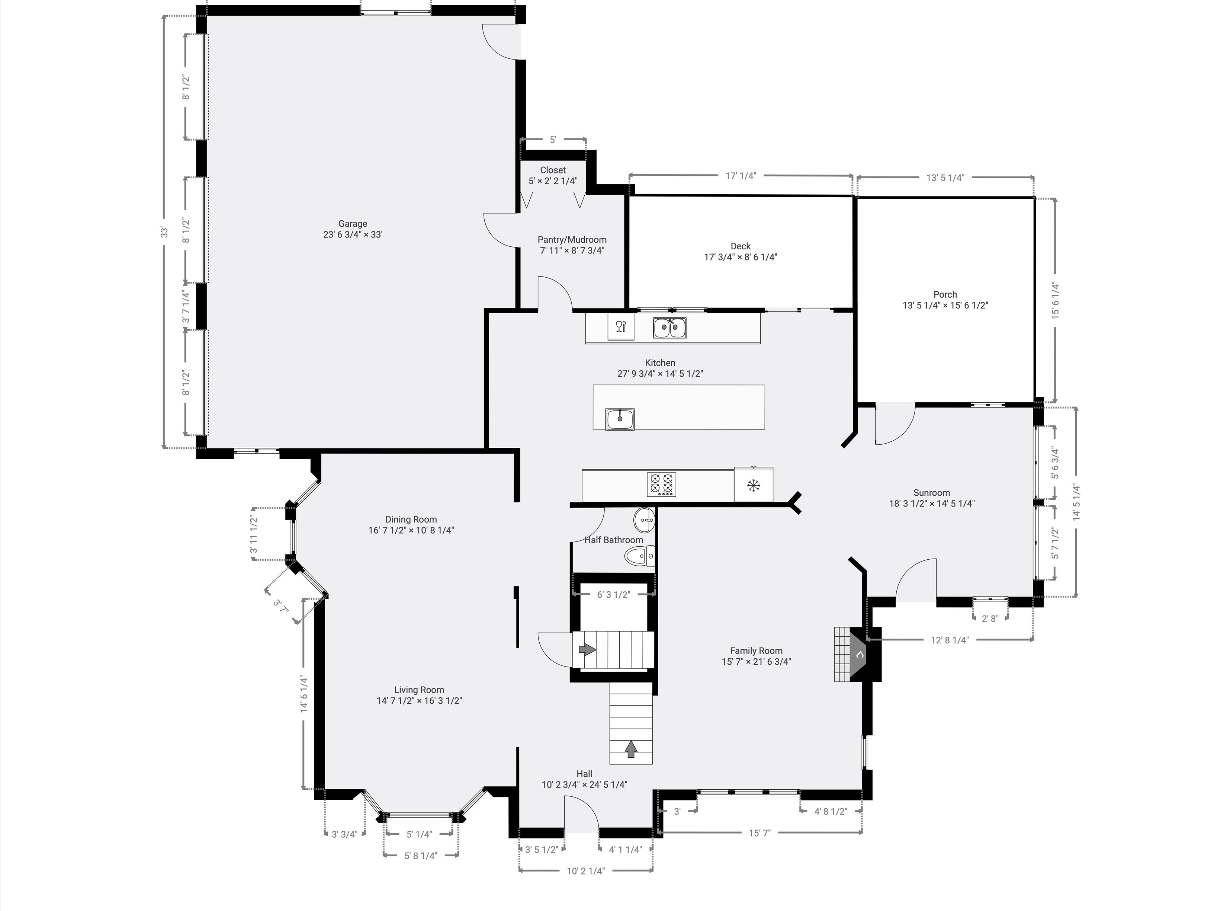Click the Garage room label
(x=352, y=224)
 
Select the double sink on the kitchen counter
(x=669, y=328)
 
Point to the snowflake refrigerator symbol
(x=754, y=485)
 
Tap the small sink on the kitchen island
(x=620, y=419)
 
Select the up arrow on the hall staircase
(x=631, y=748)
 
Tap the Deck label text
(x=741, y=246)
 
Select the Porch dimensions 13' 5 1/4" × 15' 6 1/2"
(x=945, y=305)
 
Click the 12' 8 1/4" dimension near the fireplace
(x=950, y=640)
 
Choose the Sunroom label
(x=931, y=493)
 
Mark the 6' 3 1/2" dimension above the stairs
(x=613, y=594)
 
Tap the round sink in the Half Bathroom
(x=644, y=518)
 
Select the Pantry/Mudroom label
(x=572, y=239)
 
